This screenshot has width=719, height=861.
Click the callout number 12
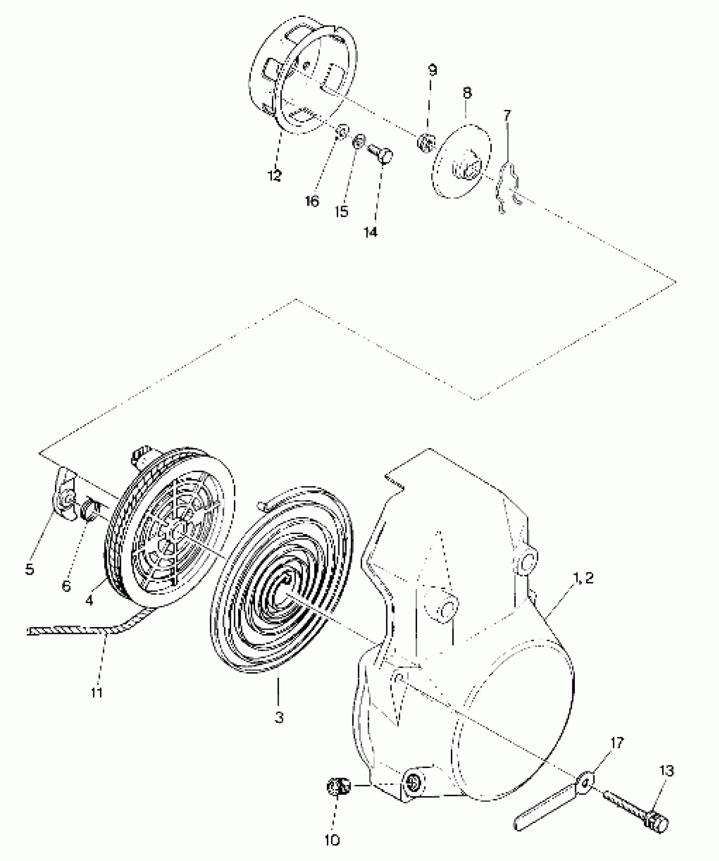click(x=274, y=175)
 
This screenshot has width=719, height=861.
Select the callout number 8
click(x=467, y=93)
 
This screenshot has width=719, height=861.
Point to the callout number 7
click(x=507, y=115)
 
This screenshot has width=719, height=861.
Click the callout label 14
click(x=371, y=232)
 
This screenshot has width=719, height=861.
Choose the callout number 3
click(x=279, y=718)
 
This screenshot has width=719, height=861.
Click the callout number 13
click(x=667, y=771)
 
